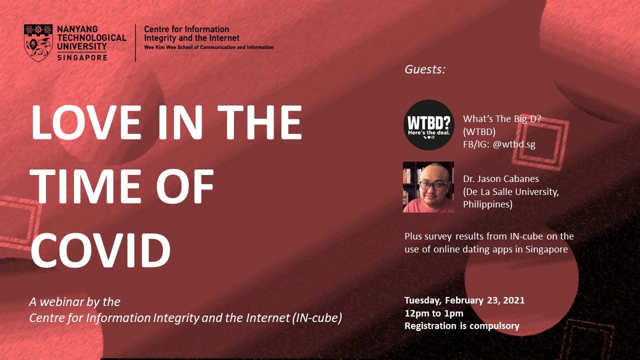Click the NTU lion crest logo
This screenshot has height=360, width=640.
(38, 43)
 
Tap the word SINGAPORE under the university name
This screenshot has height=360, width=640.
(82, 57)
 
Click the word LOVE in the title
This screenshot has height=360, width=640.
(85, 122)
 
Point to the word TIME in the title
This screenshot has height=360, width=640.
(85, 186)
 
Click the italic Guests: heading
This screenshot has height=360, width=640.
(425, 69)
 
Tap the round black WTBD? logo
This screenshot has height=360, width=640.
(428, 125)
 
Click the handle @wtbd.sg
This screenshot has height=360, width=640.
(514, 144)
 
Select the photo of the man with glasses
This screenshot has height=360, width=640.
(428, 187)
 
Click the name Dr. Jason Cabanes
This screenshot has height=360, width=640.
(501, 179)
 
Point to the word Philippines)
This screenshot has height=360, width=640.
(487, 204)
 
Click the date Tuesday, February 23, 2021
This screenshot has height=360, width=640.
(464, 300)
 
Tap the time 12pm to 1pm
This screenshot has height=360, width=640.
(433, 313)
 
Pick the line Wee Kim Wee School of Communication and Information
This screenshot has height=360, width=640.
(208, 47)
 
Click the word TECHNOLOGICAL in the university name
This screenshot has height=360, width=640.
(91, 37)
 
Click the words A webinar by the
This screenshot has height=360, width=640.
(75, 302)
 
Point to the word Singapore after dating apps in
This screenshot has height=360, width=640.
(546, 249)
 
